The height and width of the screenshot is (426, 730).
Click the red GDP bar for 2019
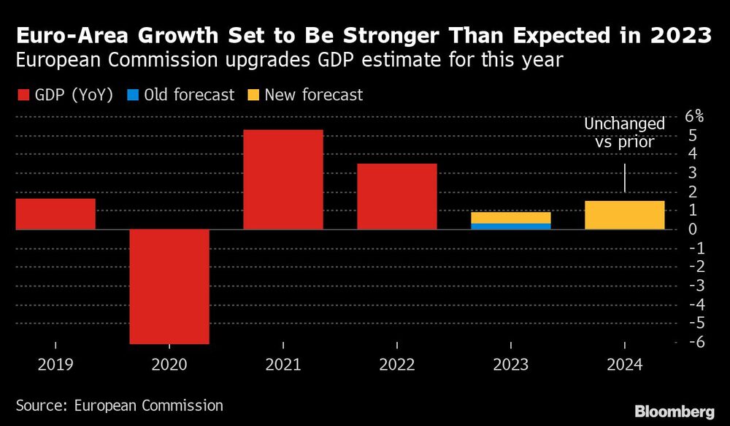point(55,214)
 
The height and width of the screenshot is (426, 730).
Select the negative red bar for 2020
point(169,286)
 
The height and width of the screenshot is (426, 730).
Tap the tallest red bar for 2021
point(283,180)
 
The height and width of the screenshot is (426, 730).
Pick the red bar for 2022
point(397,197)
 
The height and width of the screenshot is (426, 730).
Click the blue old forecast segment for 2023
point(511,227)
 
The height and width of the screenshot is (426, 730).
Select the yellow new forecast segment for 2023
point(511,218)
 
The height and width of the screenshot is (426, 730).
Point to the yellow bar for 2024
point(625,216)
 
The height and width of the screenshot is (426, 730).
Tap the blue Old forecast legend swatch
point(132,95)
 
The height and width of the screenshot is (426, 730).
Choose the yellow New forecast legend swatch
point(252,95)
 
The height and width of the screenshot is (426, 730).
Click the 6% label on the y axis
point(694,116)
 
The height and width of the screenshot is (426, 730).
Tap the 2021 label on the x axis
point(283,363)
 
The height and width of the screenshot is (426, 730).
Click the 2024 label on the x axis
point(625,363)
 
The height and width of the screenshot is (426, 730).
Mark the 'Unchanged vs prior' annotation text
point(624,134)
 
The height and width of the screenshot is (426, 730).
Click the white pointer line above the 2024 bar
point(625,178)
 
